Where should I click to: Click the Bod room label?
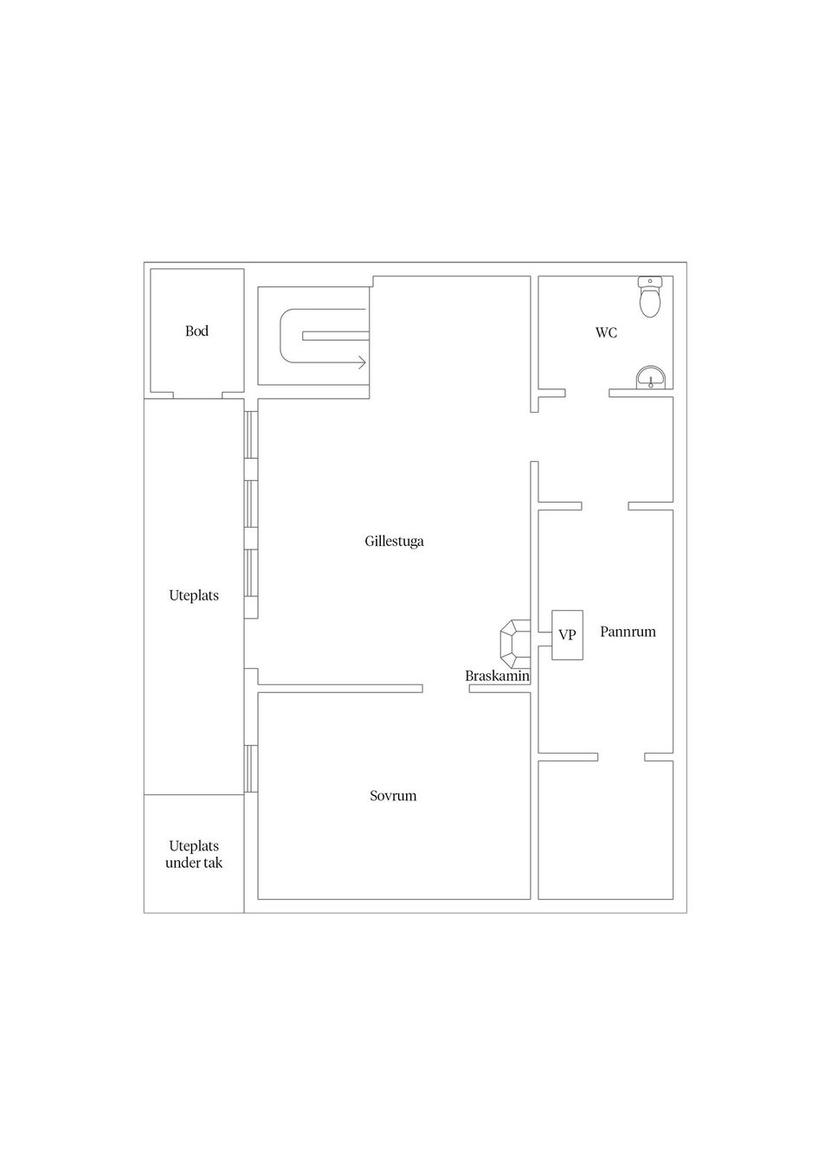pyautogui.click(x=196, y=331)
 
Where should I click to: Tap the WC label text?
pyautogui.click(x=606, y=332)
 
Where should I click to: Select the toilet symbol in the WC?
pyautogui.click(x=649, y=297)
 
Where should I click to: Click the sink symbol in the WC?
pyautogui.click(x=651, y=377)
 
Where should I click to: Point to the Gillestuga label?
pyautogui.click(x=394, y=541)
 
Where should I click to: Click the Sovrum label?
pyautogui.click(x=393, y=796)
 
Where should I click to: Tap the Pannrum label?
pyautogui.click(x=628, y=632)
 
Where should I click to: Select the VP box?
pyautogui.click(x=567, y=635)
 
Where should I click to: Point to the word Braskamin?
pyautogui.click(x=498, y=676)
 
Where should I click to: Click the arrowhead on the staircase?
pyautogui.click(x=362, y=362)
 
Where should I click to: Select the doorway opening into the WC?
pyautogui.click(x=587, y=393)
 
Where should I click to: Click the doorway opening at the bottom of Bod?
pyautogui.click(x=197, y=395)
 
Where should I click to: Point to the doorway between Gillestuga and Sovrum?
pyautogui.click(x=446, y=688)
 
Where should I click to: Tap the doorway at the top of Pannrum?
pyautogui.click(x=605, y=505)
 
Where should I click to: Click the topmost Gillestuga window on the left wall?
pyautogui.click(x=251, y=434)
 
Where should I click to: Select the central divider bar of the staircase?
pyautogui.click(x=336, y=336)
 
